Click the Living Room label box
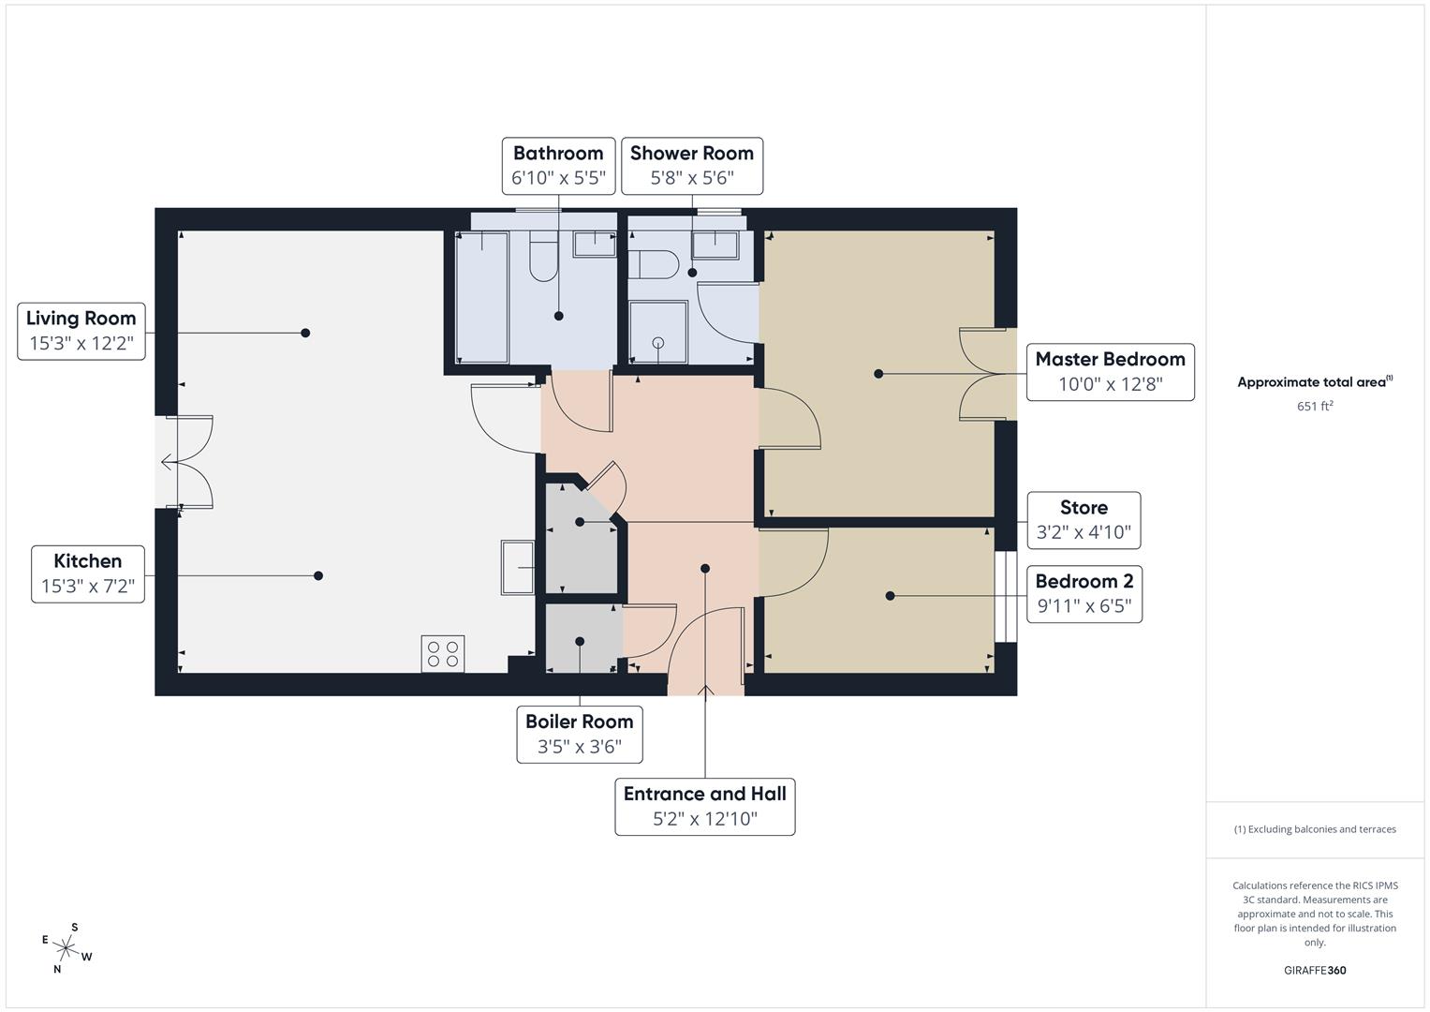pyautogui.click(x=81, y=331)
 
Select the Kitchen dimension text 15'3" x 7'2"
pyautogui.click(x=88, y=588)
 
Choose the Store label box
pyautogui.click(x=1084, y=520)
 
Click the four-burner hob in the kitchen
pyautogui.click(x=442, y=653)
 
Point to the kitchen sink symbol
pyautogui.click(x=518, y=567)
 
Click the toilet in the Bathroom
pyautogui.click(x=542, y=258)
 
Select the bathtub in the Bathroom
pyautogui.click(x=481, y=297)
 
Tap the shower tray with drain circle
pyautogui.click(x=657, y=332)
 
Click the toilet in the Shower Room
pyautogui.click(x=653, y=264)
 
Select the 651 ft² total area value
pyautogui.click(x=1315, y=406)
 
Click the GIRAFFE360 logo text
pyautogui.click(x=1315, y=970)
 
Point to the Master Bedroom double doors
pyautogui.click(x=985, y=375)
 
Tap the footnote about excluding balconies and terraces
pyautogui.click(x=1315, y=829)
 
